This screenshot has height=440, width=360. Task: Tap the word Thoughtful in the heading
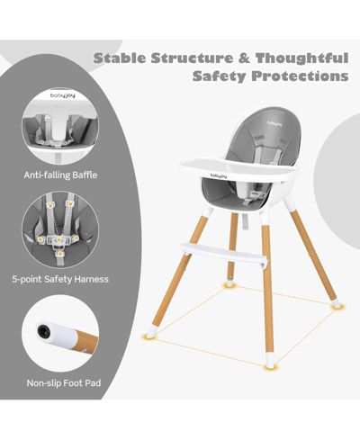click(x=301, y=58)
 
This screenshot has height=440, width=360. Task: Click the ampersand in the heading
click(x=245, y=58)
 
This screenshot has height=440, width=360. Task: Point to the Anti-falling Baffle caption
click(x=60, y=175)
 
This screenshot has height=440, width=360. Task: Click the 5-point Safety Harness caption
click(x=60, y=279)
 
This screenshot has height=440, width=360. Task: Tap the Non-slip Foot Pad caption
click(x=64, y=383)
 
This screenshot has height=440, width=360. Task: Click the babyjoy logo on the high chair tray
click(x=219, y=175)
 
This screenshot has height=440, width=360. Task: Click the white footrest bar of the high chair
click(x=222, y=252)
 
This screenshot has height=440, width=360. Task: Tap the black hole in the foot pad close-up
click(x=43, y=331)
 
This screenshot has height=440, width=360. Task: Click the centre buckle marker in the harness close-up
click(x=59, y=239)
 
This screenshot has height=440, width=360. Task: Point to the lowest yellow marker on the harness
click(x=60, y=254)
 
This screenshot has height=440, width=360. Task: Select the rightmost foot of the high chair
click(x=337, y=304)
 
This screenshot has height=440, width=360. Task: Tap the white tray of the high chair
click(x=238, y=170)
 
